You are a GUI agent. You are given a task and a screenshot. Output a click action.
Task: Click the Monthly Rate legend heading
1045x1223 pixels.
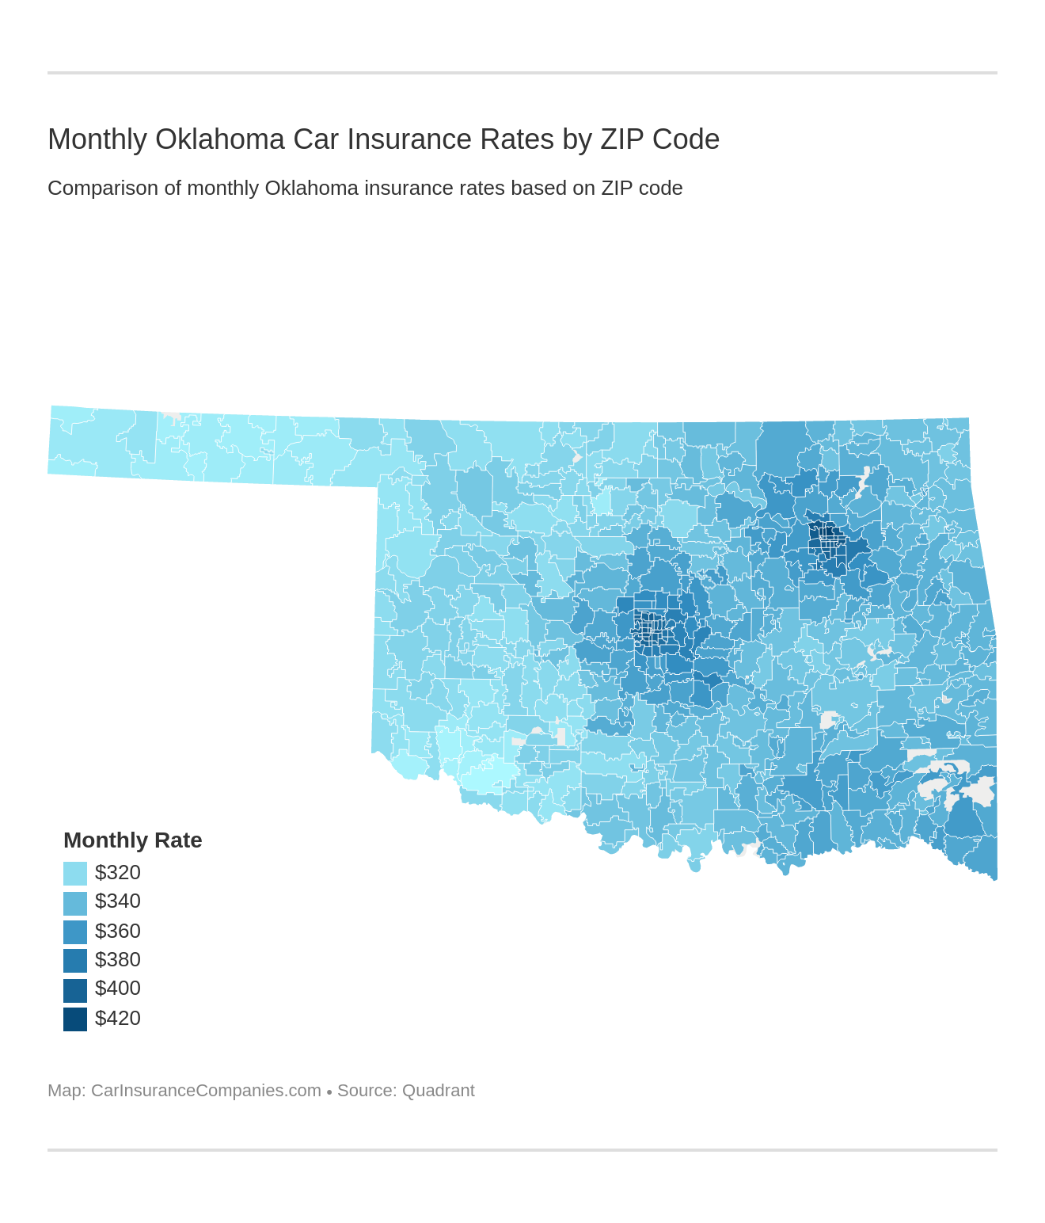(132, 840)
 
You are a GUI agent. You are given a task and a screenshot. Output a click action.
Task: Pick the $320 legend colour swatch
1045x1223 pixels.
(75, 873)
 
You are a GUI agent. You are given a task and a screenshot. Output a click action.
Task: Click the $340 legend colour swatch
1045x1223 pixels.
(75, 902)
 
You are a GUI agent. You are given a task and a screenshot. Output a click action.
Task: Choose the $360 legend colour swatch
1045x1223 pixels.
(75, 932)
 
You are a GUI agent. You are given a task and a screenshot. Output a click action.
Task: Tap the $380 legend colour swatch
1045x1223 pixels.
(75, 960)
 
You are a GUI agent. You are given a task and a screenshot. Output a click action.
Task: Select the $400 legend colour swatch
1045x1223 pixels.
(75, 989)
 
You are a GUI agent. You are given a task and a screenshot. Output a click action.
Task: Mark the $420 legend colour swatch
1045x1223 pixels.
(75, 1019)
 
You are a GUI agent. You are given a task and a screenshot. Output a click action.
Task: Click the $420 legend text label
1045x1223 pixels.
(118, 1018)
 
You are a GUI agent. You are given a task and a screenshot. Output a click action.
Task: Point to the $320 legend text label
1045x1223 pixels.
(118, 872)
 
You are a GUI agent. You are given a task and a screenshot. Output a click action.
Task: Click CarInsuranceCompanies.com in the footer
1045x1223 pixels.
(206, 1091)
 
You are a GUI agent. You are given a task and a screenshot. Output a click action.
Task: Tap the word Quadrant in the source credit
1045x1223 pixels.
(438, 1091)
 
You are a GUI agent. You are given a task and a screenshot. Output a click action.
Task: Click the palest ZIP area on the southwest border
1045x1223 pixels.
(483, 772)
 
